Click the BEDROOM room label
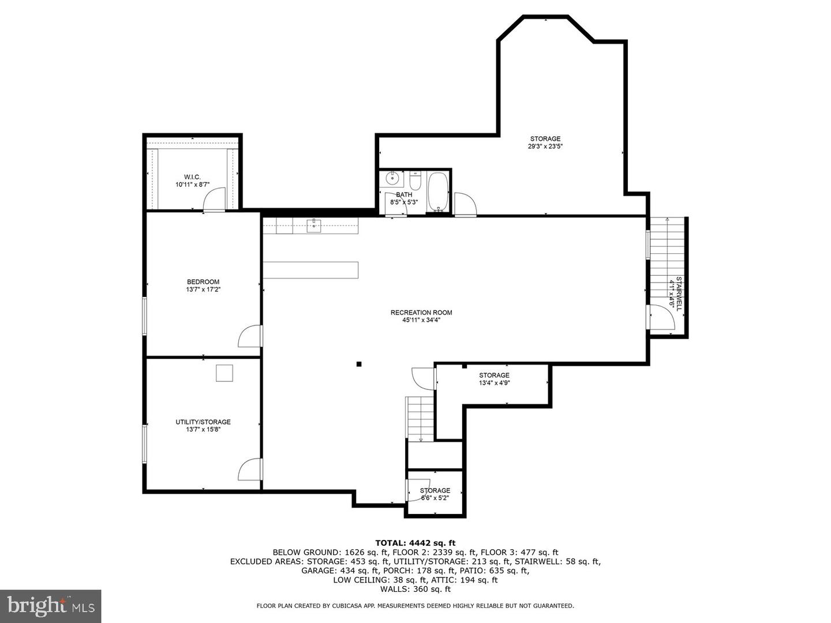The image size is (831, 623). pos(203,282)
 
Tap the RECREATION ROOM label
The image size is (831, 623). pos(421,313)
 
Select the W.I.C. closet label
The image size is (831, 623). pos(192,177)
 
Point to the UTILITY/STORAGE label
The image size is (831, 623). pos(203,422)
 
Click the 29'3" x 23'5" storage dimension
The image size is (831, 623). pos(545,147)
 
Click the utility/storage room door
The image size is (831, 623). pos(249,469)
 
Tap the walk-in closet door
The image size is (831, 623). pos(214,201)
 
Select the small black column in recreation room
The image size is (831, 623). pos(359,364)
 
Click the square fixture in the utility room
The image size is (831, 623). pos(224,373)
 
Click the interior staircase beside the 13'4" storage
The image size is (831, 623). pos(420,418)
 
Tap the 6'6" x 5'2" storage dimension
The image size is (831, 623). pos(435,498)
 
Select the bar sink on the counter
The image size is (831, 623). pos(314,225)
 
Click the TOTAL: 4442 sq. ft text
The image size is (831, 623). pos(415,543)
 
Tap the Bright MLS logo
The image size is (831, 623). pos(51,606)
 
